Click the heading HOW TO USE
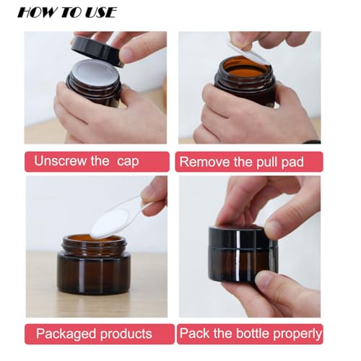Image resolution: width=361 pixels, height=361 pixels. point(66,12)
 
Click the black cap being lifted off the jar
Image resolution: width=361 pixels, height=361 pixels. point(97,50)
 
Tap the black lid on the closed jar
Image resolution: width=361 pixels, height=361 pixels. point(242,238)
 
